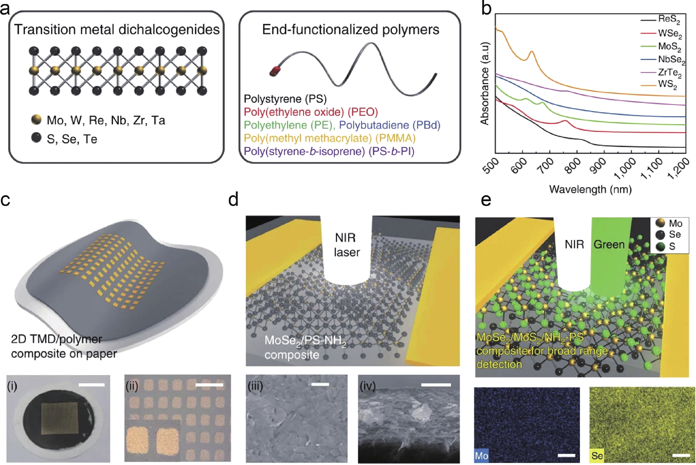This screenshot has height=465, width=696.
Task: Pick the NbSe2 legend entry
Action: tap(671, 60)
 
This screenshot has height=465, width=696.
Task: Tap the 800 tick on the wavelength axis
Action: tap(572, 165)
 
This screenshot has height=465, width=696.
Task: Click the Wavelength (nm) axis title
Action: tap(590, 189)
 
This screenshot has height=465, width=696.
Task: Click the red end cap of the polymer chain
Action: tap(275, 71)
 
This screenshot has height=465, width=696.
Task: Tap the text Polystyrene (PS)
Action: tap(285, 99)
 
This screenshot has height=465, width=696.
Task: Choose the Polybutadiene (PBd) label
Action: tap(390, 125)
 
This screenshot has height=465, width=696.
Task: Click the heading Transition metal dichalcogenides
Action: tap(117, 29)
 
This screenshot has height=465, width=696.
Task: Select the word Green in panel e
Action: tap(609, 244)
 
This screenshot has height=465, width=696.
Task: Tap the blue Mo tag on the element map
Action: tap(481, 456)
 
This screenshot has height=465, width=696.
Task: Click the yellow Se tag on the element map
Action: tap(597, 456)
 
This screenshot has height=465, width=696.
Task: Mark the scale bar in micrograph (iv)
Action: tap(435, 385)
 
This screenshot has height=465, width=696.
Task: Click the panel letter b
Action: tap(486, 9)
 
